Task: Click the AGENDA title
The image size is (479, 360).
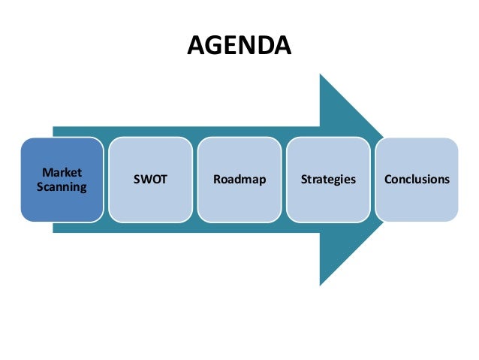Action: coord(239,47)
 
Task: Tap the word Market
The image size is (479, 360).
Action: coord(63,173)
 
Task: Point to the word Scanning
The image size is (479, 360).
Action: coord(63,186)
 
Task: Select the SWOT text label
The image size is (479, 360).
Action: coord(151,180)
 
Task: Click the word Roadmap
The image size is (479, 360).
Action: coord(239,180)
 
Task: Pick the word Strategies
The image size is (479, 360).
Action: coord(328,180)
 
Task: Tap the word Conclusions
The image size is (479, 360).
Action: coord(417,180)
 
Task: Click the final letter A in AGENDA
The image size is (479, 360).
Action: coord(282,47)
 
